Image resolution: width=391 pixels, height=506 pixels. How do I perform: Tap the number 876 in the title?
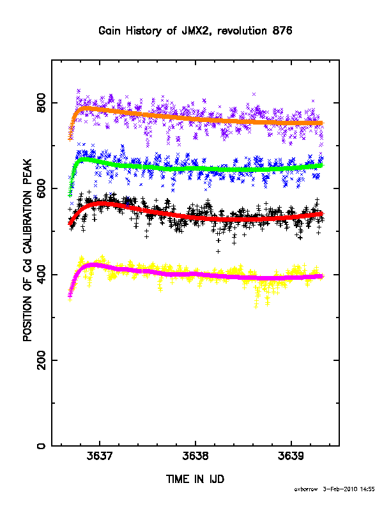[x=282, y=31]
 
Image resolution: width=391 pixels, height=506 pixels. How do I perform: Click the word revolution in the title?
[x=242, y=31]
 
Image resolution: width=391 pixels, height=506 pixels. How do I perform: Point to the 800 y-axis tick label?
[x=42, y=103]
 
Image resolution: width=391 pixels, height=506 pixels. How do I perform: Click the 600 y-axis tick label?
[x=42, y=188]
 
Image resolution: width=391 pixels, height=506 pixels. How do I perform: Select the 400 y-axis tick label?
[x=42, y=274]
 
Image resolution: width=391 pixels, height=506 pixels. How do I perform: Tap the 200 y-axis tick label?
[x=42, y=360]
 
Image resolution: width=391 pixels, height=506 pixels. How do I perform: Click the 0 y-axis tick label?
[x=42, y=446]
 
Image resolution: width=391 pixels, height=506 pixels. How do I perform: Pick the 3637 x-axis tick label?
[x=100, y=456]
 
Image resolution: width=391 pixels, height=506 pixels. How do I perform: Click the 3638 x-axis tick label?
[x=195, y=456]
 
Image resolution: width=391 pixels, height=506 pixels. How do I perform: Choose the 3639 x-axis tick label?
[x=291, y=456]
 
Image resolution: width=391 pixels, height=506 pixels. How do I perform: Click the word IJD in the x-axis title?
[x=217, y=479]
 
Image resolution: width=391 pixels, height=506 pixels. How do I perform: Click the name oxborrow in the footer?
[x=306, y=489]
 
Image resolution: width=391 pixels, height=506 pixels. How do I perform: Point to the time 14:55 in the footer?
[x=367, y=489]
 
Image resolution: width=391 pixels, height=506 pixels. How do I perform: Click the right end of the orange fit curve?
[x=323, y=123]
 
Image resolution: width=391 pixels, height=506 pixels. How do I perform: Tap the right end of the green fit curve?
[x=323, y=165]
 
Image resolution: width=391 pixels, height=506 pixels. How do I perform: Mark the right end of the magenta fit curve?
[x=323, y=276]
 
